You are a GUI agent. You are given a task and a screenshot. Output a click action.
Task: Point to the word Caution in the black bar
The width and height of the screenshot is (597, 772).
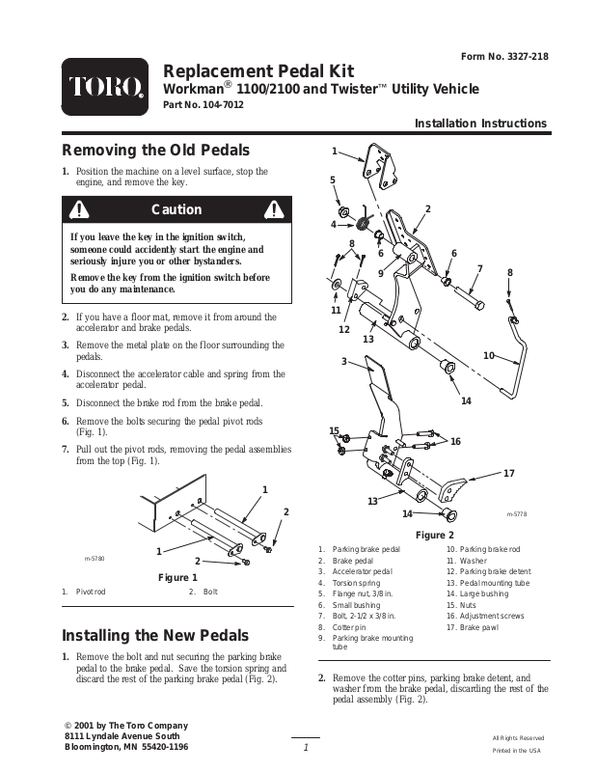point(177,210)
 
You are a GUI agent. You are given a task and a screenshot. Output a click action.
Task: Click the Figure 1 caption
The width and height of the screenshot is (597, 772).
point(177,577)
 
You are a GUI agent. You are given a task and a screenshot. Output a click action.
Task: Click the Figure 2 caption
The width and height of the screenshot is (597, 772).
point(434,535)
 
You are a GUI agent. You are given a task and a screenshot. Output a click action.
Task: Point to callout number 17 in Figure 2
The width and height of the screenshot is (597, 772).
point(509,472)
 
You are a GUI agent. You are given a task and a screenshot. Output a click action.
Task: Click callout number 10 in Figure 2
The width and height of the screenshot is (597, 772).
point(489,356)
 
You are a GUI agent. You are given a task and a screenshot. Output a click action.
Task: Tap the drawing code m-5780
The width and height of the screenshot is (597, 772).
point(95,559)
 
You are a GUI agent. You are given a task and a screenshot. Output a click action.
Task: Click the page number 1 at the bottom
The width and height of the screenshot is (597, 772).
point(305,749)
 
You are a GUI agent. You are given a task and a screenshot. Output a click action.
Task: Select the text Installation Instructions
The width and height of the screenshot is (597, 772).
point(480,124)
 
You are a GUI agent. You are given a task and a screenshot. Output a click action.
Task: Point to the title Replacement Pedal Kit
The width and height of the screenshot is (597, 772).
point(259,70)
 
